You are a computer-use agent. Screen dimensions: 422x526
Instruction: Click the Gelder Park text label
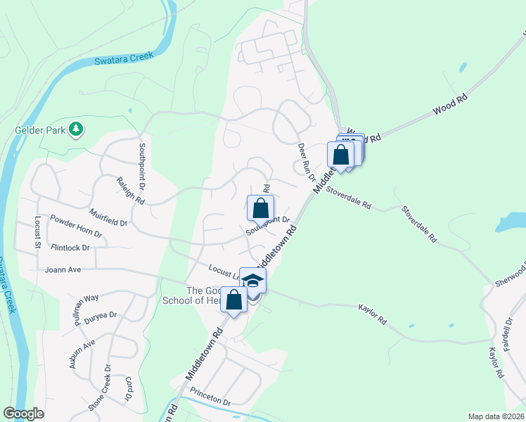click(x=39, y=130)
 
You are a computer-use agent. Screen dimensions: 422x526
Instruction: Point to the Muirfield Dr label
click(x=108, y=217)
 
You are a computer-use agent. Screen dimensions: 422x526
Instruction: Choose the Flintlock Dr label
click(x=70, y=248)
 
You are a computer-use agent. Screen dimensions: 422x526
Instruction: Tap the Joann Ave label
click(x=63, y=269)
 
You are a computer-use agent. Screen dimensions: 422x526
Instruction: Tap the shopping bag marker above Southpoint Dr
click(x=260, y=209)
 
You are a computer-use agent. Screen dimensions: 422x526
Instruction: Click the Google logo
click(x=24, y=413)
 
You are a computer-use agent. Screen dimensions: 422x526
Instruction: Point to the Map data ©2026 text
click(x=495, y=416)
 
